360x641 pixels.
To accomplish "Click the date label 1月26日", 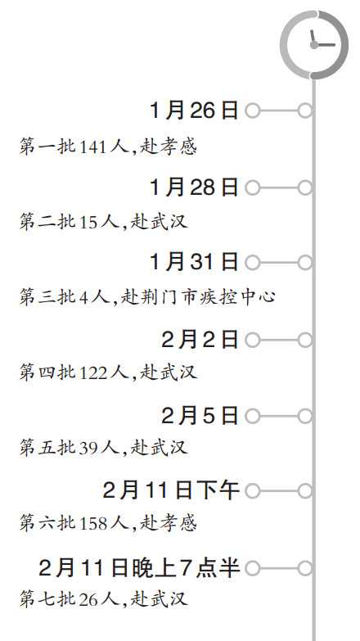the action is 194,111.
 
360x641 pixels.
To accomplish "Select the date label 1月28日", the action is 194,187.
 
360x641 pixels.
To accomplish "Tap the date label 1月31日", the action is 194,262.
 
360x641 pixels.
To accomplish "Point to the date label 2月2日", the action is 200,340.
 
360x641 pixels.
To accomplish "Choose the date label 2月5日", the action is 200,416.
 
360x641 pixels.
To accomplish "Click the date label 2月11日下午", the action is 171,490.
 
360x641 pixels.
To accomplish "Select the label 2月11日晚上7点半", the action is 139,568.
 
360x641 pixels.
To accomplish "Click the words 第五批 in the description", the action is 47,448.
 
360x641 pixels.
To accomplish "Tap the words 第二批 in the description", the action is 47,222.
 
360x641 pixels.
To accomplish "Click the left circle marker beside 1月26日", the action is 253,111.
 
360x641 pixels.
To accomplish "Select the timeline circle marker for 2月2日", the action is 305,340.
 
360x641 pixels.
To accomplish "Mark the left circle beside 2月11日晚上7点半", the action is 253,568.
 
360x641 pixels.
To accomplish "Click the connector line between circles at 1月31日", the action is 279,263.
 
